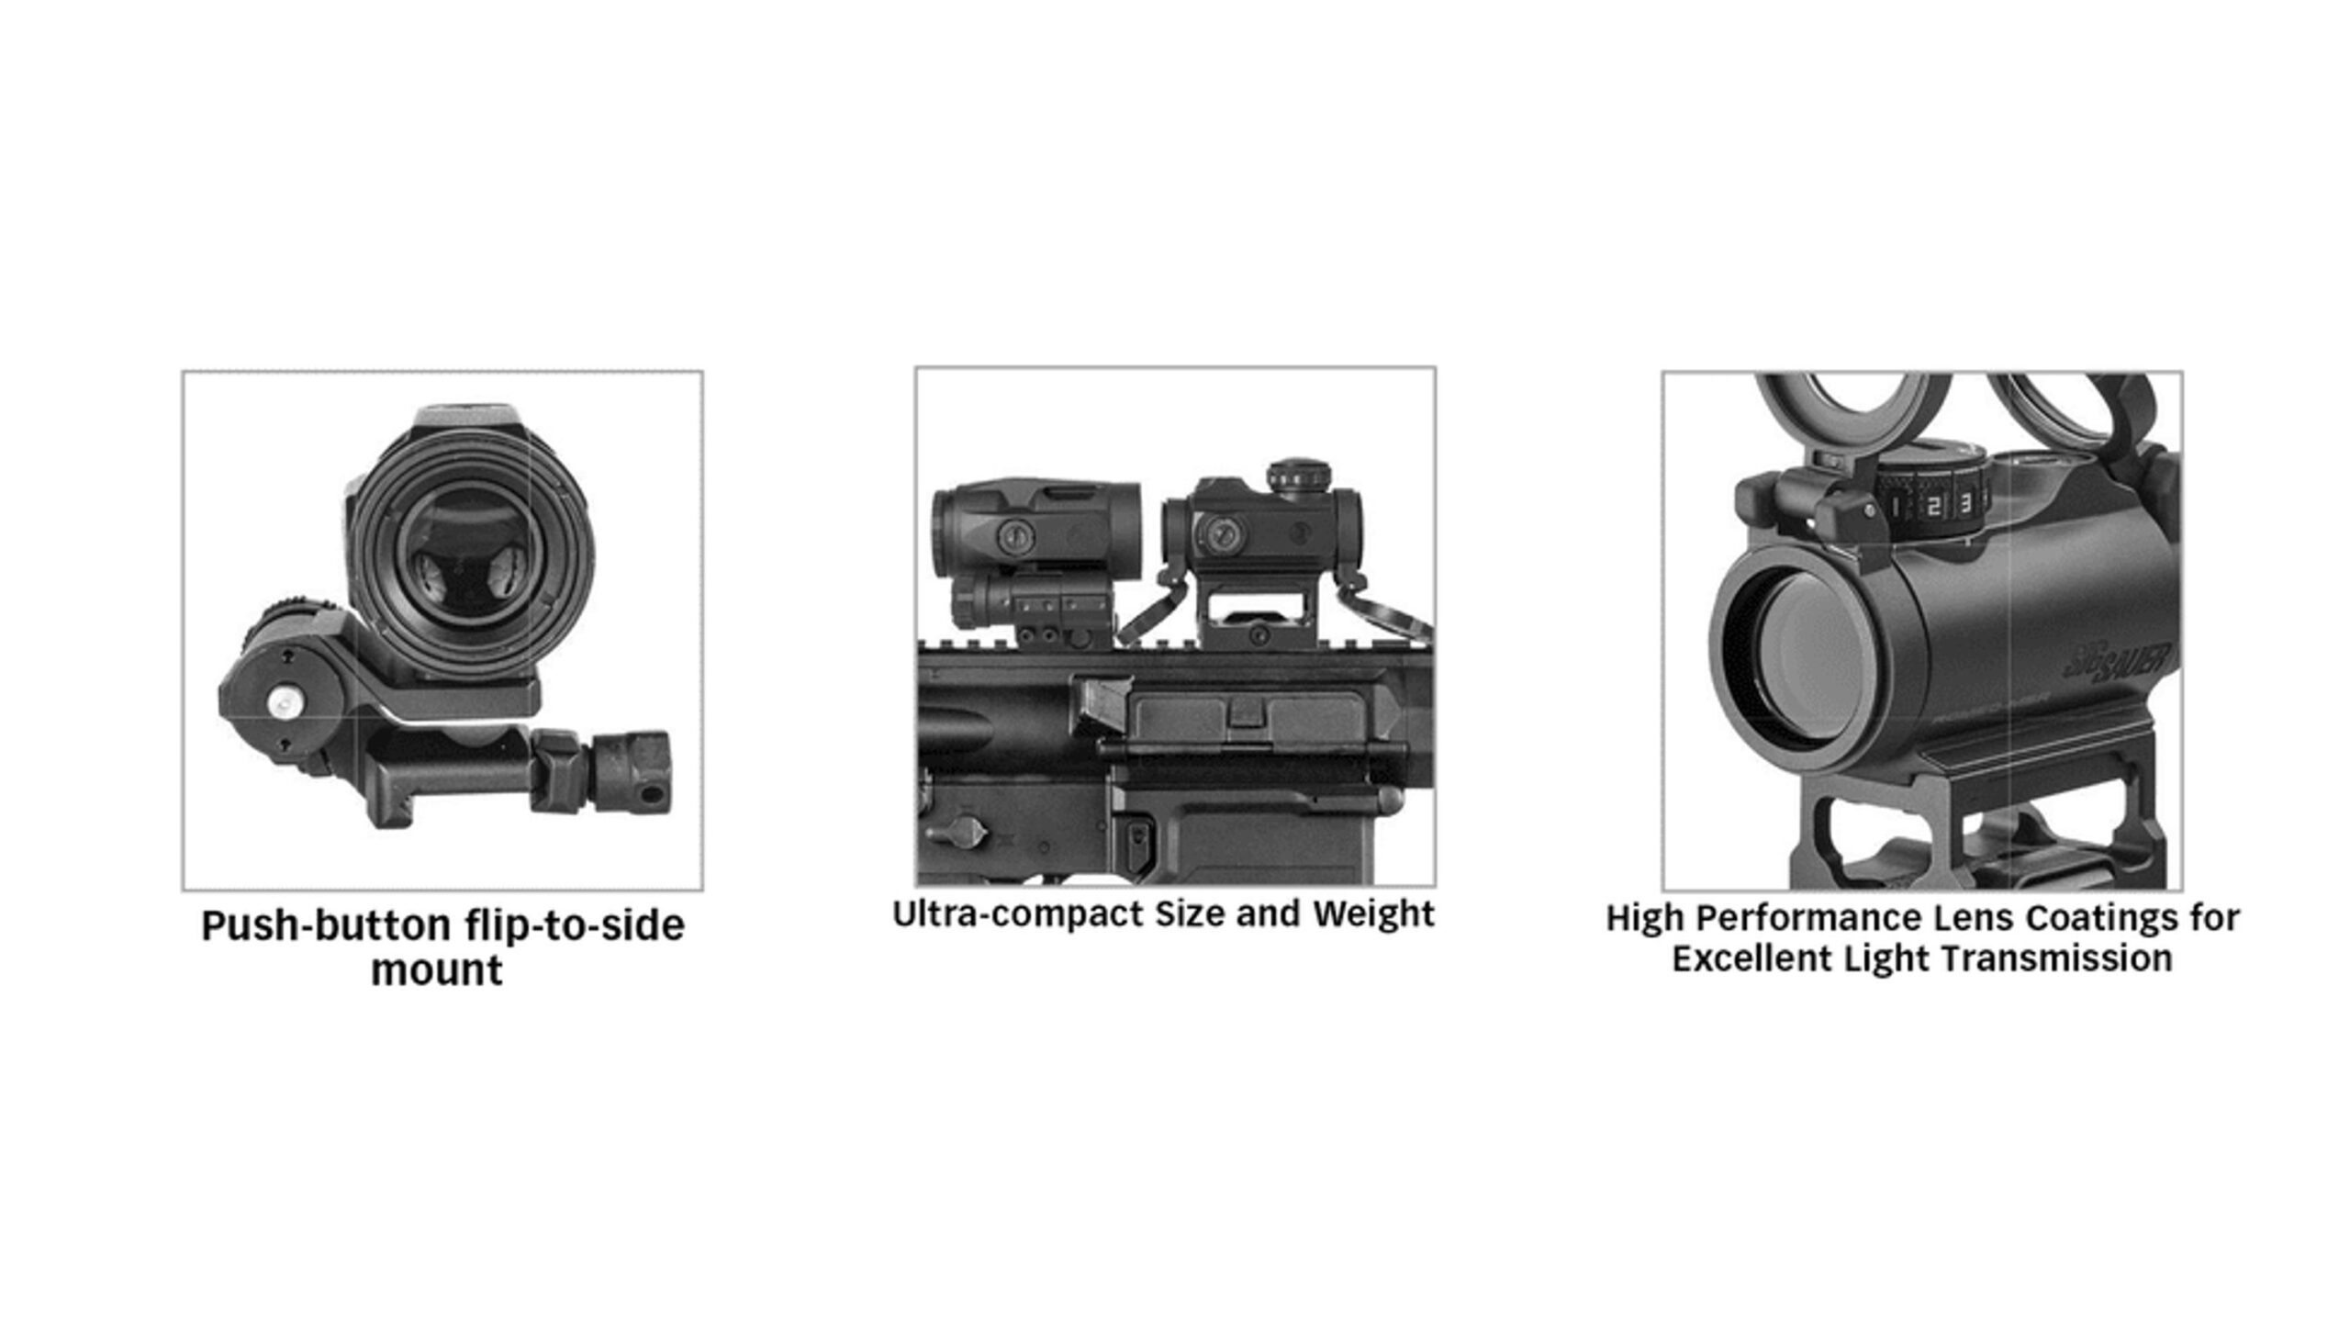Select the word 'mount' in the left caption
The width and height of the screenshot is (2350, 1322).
[436, 971]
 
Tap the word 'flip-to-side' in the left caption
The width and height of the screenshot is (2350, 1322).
[575, 925]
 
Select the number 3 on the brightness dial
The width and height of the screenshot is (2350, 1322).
[1965, 503]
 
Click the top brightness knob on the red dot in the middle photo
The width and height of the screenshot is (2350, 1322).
[1300, 475]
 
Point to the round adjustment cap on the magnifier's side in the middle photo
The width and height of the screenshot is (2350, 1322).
[1013, 533]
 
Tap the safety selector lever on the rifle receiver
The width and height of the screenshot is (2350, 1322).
[955, 830]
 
